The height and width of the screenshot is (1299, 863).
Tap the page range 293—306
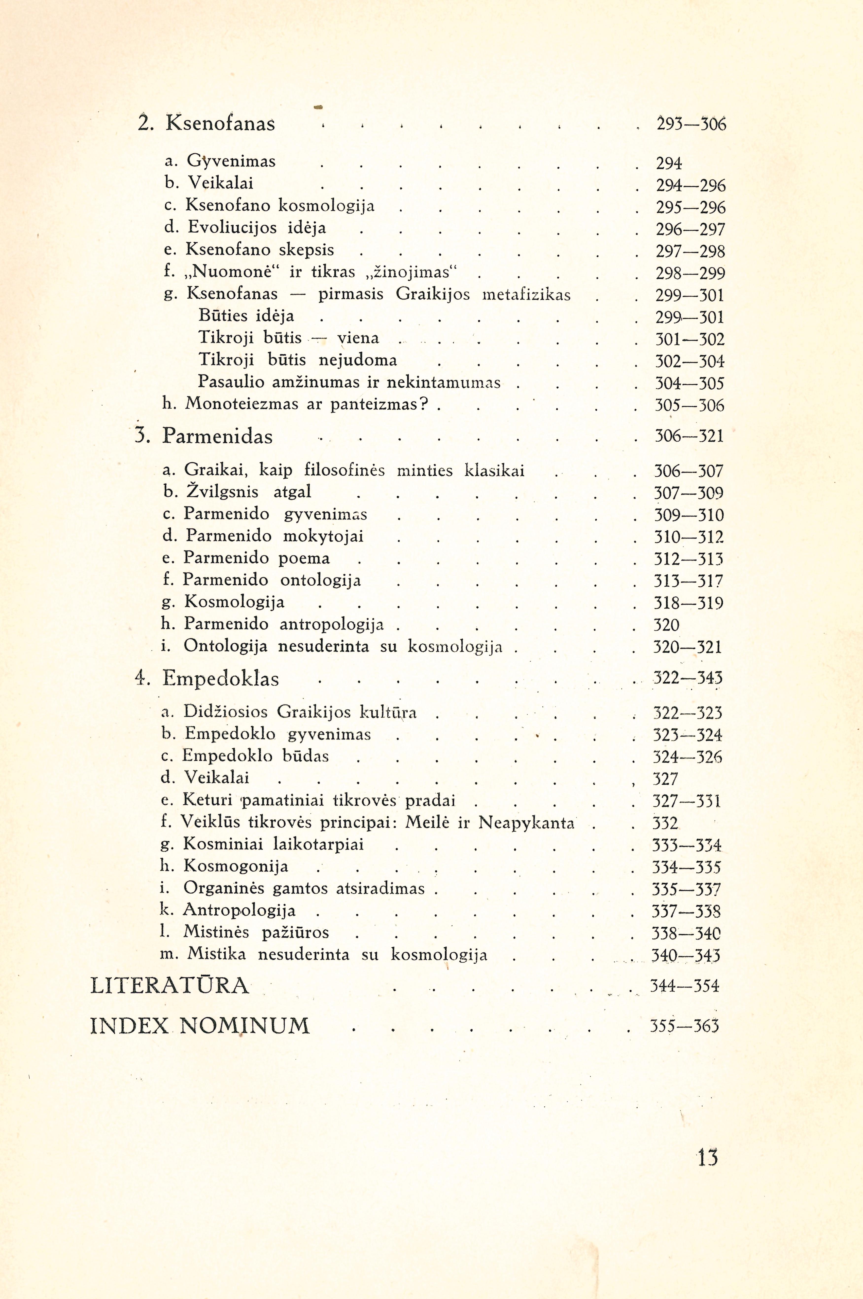click(x=691, y=125)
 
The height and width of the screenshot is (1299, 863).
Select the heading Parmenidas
click(x=217, y=437)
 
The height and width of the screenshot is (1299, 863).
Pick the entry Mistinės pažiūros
click(x=256, y=932)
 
